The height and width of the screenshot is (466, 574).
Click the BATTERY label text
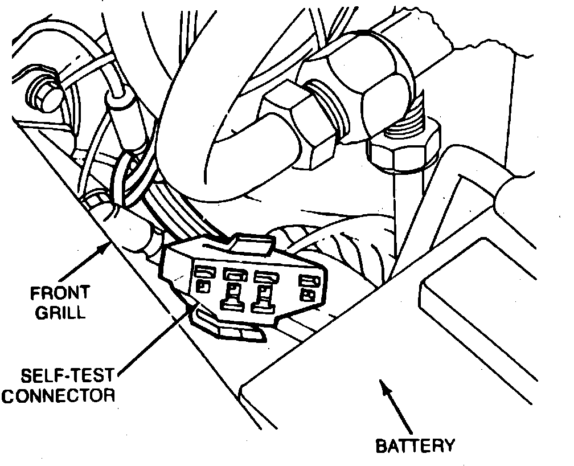pyautogui.click(x=416, y=445)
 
